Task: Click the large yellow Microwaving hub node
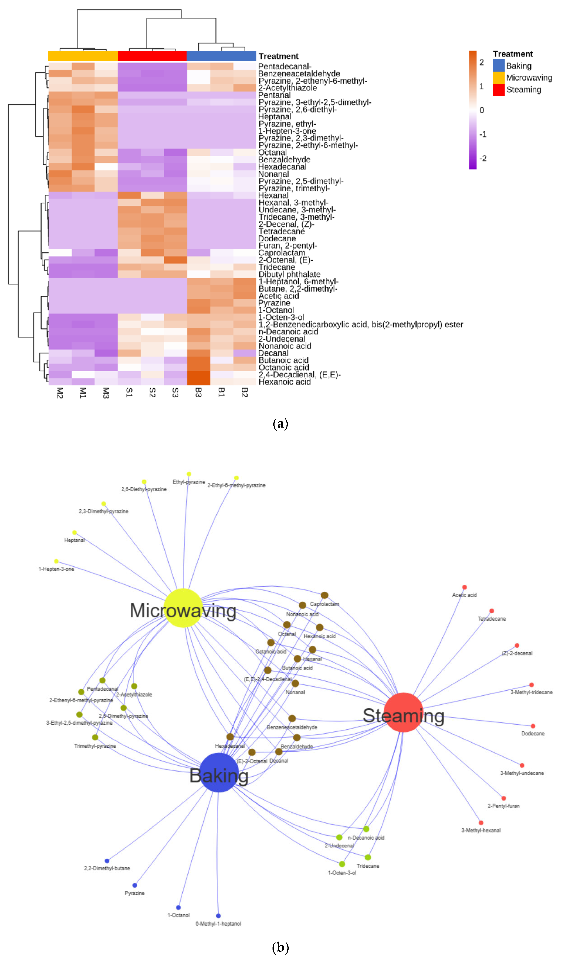(183, 608)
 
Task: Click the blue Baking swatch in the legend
(498, 65)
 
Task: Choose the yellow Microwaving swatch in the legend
(498, 77)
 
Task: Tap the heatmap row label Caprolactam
(282, 253)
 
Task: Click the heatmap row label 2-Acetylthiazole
(287, 88)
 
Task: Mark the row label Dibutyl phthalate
(289, 274)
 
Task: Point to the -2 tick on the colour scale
(483, 158)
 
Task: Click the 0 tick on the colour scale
(482, 110)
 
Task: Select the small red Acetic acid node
(465, 587)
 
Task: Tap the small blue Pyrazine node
(134, 885)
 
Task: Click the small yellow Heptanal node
(74, 532)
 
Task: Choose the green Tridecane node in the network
(368, 857)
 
